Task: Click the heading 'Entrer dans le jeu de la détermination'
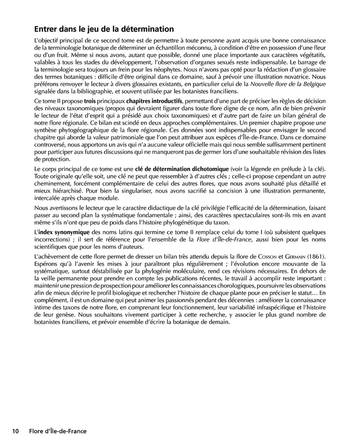coord(104,29)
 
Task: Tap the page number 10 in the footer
coord(15,431)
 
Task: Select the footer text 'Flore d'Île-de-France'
coord(58,431)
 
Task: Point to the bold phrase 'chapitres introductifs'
coord(154,100)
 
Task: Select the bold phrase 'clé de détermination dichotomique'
coord(182,169)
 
